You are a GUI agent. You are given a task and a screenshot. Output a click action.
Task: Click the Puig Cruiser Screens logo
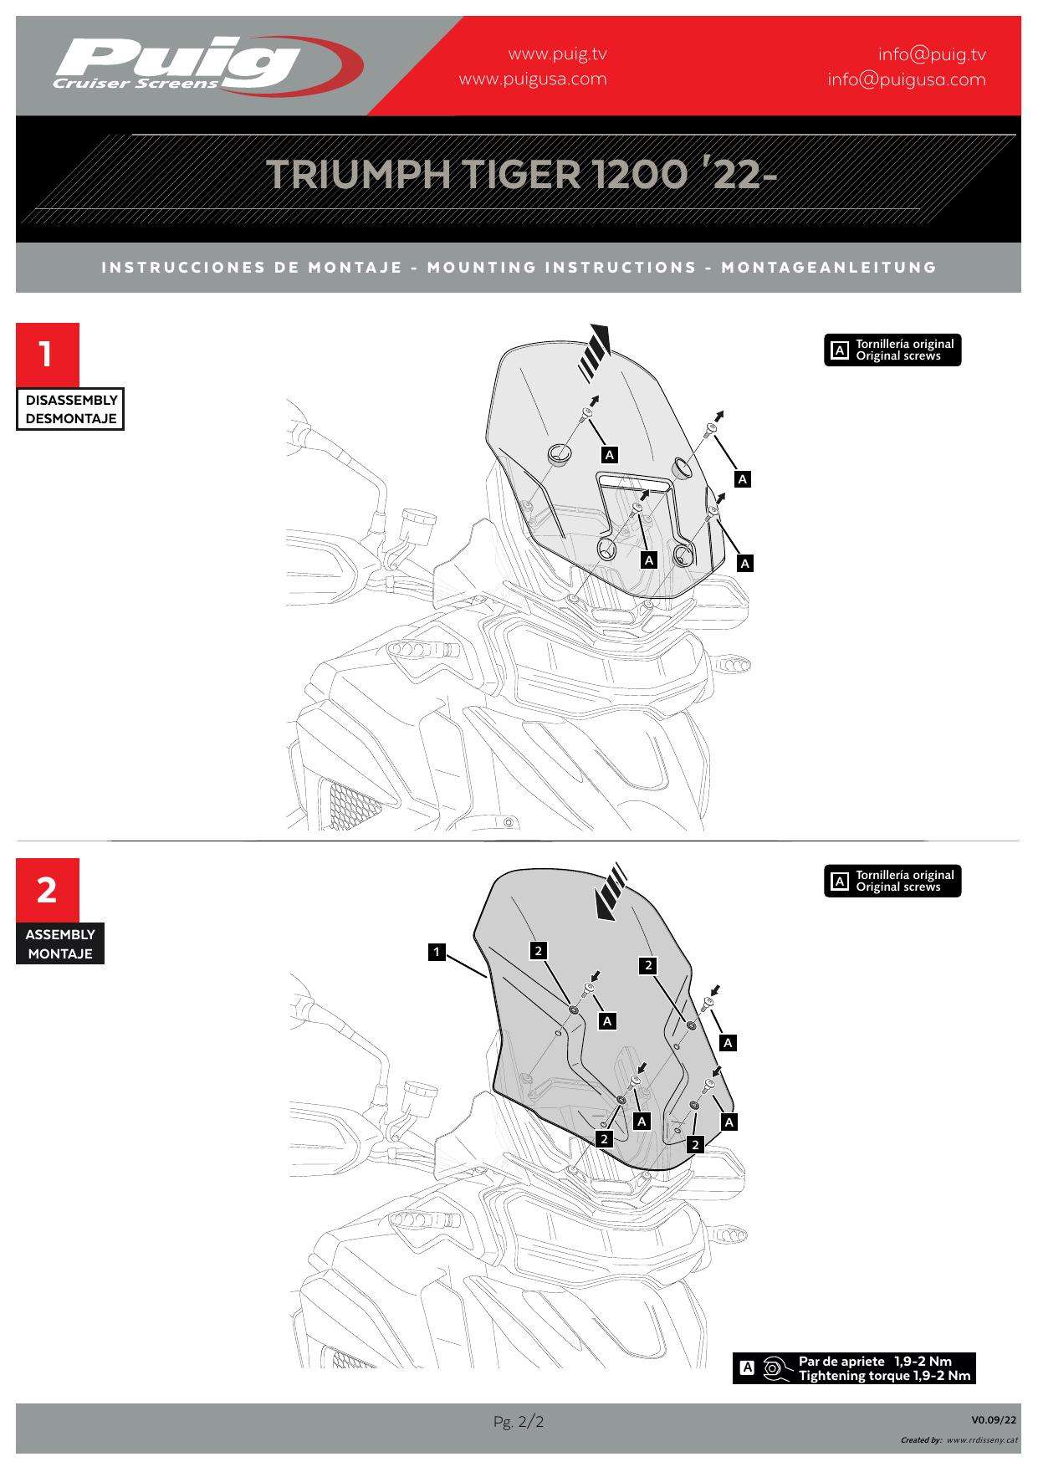click(207, 64)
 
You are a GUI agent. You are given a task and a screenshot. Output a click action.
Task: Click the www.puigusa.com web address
click(533, 79)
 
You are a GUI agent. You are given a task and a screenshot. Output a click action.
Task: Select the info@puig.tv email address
click(932, 55)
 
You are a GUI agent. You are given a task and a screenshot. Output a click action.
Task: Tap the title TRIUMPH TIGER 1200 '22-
click(522, 174)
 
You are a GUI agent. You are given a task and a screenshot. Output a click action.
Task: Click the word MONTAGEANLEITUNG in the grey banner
click(829, 268)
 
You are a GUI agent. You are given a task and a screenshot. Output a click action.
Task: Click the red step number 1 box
click(48, 355)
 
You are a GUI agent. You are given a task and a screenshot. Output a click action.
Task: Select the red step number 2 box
click(48, 890)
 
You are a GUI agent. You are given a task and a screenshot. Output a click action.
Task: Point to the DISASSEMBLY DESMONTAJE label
click(70, 409)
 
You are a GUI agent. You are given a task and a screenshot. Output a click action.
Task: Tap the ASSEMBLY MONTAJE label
click(60, 943)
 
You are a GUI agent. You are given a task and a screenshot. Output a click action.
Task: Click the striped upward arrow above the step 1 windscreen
click(596, 350)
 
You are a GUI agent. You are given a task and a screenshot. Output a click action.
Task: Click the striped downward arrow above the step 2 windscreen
click(611, 892)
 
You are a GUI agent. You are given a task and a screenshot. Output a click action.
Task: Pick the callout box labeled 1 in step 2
click(437, 952)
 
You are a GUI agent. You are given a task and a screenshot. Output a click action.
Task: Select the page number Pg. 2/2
click(519, 1421)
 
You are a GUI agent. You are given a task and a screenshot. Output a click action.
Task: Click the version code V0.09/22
click(995, 1419)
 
